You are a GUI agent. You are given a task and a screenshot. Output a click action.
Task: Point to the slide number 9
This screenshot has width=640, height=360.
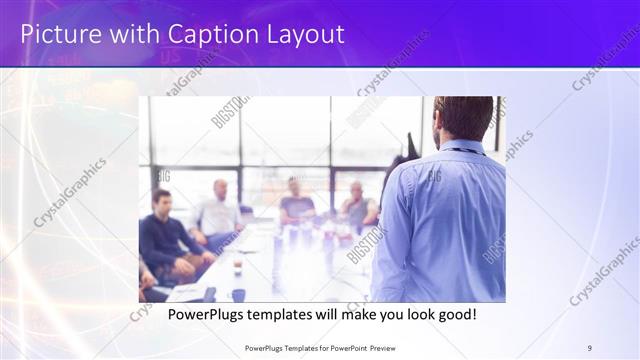click(x=590, y=347)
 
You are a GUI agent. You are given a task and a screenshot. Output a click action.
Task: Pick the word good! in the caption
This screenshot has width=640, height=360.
click(x=454, y=315)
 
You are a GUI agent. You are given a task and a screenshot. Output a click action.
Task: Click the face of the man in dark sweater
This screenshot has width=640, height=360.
click(x=162, y=200)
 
